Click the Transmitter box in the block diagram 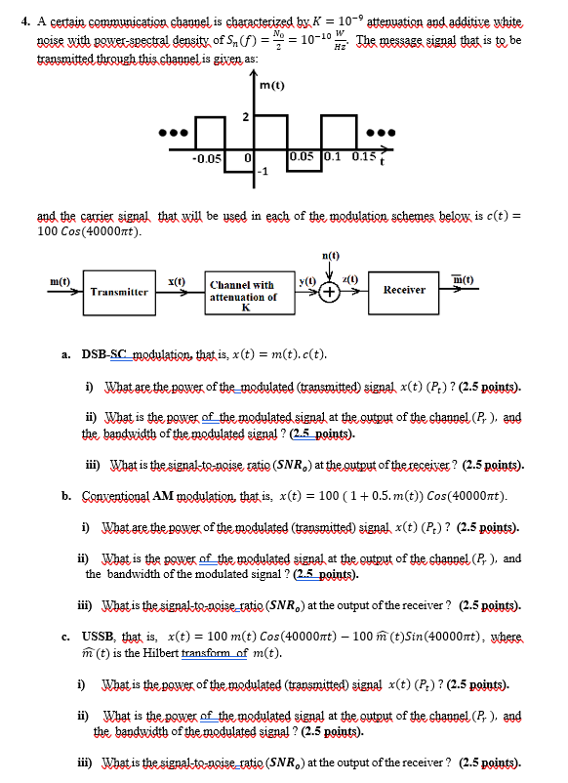tap(119, 291)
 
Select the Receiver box tap(404, 290)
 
